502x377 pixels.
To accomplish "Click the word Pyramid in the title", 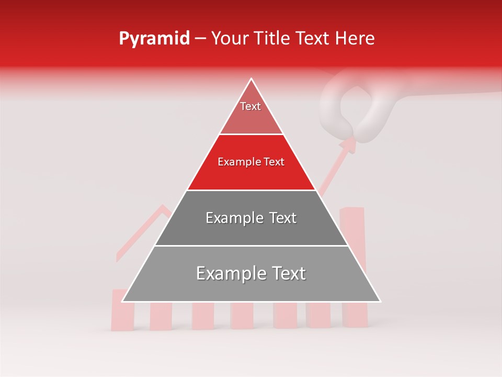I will [x=154, y=39].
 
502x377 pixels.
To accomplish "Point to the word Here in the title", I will [x=355, y=38].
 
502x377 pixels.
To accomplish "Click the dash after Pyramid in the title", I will [x=200, y=39].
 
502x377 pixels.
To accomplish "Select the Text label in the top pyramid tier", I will [x=250, y=106].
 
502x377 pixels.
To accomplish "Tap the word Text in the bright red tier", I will [x=273, y=162].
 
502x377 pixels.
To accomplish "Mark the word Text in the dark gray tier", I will [x=283, y=218].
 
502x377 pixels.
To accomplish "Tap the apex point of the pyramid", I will [x=252, y=79].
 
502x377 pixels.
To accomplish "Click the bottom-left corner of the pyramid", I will [x=122, y=302].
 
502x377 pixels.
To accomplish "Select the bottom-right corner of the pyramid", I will [x=380, y=302].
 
